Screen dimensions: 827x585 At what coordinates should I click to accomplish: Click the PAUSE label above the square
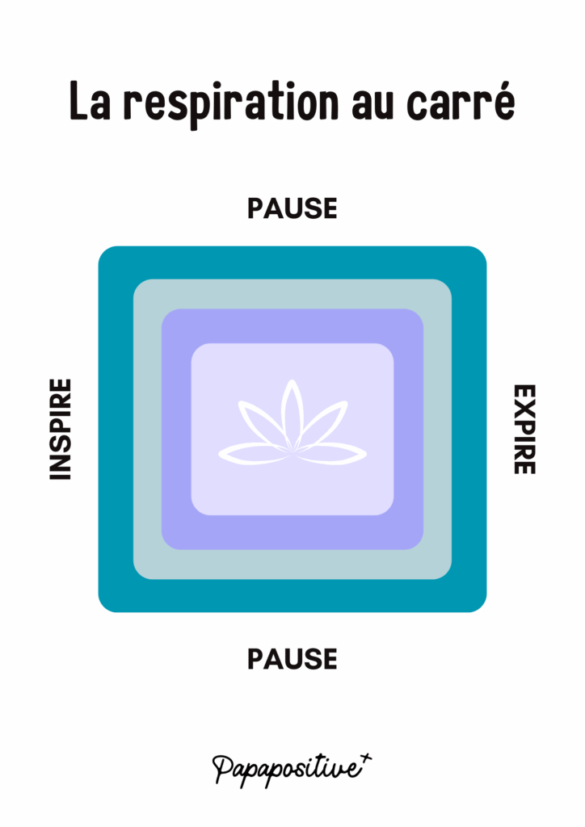pyautogui.click(x=292, y=208)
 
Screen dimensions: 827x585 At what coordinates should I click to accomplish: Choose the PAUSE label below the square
pyautogui.click(x=292, y=659)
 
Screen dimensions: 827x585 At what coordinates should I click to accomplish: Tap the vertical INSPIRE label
pyautogui.click(x=61, y=430)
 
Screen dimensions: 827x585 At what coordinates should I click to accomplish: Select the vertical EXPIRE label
pyautogui.click(x=524, y=429)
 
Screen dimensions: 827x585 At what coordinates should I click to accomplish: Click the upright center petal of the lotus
pyautogui.click(x=292, y=412)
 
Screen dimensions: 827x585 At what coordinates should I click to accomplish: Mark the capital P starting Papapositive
pyautogui.click(x=223, y=766)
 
